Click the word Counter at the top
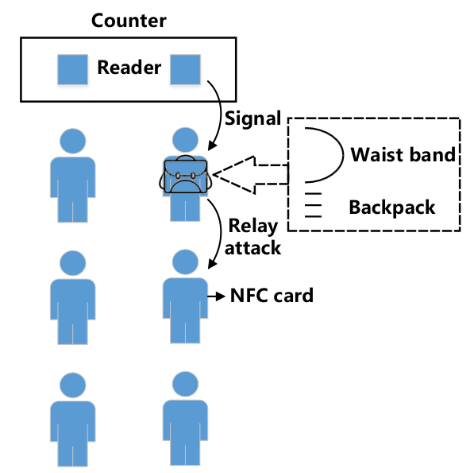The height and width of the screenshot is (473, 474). [129, 21]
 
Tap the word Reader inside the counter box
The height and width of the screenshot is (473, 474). [129, 68]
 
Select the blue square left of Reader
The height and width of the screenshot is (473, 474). [72, 69]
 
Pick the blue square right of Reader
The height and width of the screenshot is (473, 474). [185, 69]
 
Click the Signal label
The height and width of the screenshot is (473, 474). [252, 118]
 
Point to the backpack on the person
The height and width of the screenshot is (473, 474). [185, 174]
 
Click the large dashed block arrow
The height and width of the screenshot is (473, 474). [250, 175]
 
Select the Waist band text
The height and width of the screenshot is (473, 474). [403, 155]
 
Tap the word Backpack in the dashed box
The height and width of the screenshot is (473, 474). [392, 207]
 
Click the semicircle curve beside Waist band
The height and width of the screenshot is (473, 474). [344, 155]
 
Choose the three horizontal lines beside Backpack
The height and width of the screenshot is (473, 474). [313, 205]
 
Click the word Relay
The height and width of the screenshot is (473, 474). [253, 226]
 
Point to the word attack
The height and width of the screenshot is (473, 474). [252, 248]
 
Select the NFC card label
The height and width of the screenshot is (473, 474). [272, 296]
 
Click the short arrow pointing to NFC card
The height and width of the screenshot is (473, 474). [217, 297]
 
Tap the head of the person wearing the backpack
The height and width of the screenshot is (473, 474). [185, 140]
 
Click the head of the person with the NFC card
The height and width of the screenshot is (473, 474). [185, 262]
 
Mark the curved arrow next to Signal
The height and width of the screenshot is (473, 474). [221, 115]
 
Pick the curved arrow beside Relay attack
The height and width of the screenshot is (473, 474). [221, 233]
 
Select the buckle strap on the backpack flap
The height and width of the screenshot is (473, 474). [185, 176]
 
